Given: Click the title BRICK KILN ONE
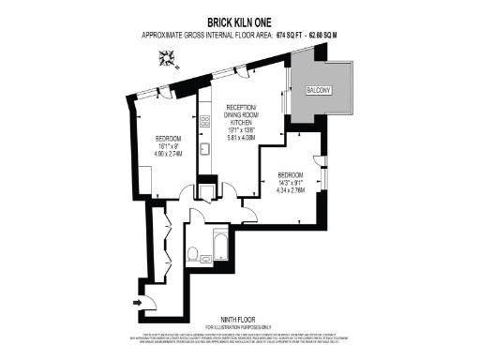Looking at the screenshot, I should tap(240, 19).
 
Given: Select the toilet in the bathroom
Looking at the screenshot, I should tap(193, 253).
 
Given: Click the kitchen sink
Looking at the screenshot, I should tap(203, 150).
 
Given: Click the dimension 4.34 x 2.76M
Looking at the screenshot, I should tap(291, 191).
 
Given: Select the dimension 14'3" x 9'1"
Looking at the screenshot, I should tap(291, 184).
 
